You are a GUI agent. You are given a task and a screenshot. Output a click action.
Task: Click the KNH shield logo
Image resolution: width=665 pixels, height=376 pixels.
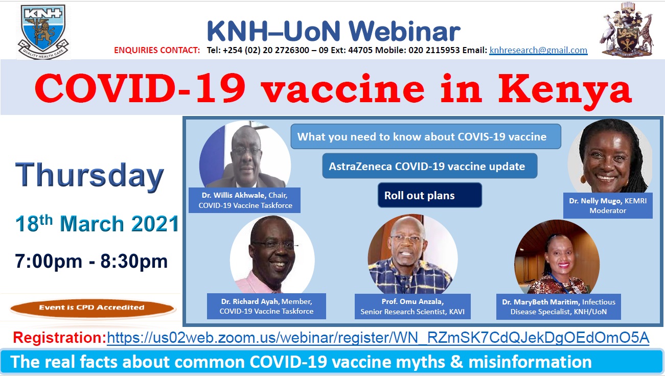point(43,32)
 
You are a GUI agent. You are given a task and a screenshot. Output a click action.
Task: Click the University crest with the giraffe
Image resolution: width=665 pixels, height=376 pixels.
point(627,30)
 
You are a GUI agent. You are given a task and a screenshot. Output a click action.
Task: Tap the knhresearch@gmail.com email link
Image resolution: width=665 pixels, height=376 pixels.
point(538,50)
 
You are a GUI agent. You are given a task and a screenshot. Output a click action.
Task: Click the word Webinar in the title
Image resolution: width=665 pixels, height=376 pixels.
point(404,31)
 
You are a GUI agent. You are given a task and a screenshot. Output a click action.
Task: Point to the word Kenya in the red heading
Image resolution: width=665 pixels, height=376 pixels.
point(565,89)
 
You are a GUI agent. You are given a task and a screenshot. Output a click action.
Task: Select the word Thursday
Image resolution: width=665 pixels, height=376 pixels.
point(89,176)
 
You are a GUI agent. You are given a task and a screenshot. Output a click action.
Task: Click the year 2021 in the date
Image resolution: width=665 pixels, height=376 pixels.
point(155,223)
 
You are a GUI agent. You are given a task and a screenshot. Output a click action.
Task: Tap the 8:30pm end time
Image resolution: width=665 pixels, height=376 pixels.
point(134,261)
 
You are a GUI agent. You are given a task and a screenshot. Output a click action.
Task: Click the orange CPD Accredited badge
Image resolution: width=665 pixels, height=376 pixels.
point(92,308)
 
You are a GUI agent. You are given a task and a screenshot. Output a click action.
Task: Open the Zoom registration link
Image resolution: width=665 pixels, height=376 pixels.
point(378,338)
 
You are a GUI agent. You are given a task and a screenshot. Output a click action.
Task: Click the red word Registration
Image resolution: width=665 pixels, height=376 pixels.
point(59,338)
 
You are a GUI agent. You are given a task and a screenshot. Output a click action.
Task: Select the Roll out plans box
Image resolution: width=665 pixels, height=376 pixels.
point(429,195)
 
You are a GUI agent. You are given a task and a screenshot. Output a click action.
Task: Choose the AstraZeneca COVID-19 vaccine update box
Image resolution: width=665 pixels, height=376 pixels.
point(429,166)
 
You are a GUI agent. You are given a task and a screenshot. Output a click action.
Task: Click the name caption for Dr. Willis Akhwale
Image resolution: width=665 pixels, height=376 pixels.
point(245,200)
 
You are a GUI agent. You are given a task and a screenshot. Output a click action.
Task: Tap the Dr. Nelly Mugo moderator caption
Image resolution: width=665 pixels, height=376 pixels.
point(608,206)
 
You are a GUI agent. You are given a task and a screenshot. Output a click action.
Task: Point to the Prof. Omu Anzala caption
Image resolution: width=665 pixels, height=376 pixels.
point(412,306)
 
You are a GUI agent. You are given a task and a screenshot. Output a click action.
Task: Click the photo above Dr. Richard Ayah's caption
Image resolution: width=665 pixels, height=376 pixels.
point(272,254)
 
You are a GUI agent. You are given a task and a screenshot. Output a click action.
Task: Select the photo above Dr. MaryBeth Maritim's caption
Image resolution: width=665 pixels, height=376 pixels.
point(557,257)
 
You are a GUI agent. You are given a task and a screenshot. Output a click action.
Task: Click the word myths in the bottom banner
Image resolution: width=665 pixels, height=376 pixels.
point(420,362)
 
